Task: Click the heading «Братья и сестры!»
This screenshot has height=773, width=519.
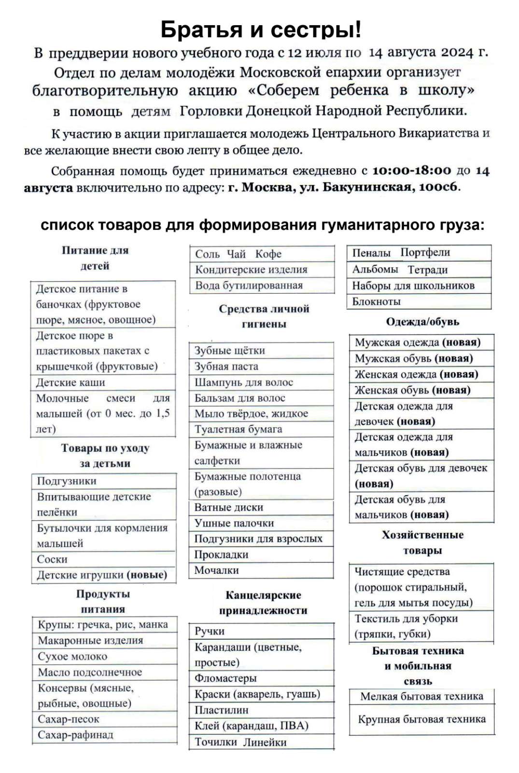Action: click(261, 29)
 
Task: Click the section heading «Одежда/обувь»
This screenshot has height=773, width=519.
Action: click(422, 322)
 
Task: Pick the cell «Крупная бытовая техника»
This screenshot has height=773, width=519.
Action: click(421, 719)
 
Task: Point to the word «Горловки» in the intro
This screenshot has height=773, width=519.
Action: click(211, 111)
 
